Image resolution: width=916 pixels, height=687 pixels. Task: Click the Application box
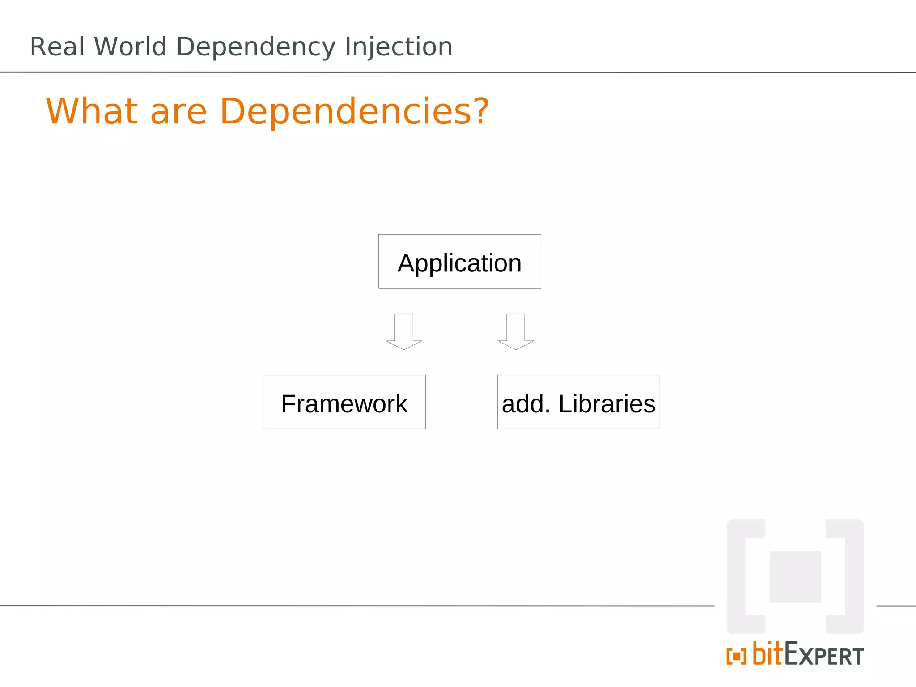pos(459,262)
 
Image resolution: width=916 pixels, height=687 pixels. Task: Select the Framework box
pos(344,402)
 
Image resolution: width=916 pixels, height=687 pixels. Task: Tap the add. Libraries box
pos(578,402)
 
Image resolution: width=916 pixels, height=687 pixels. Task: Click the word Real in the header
pos(57,47)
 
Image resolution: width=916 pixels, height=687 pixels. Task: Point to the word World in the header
pos(130,47)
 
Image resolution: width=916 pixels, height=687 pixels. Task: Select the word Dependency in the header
pos(255,47)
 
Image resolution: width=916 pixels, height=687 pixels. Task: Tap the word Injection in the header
pos(398,47)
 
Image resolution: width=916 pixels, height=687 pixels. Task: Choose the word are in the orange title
pos(178,112)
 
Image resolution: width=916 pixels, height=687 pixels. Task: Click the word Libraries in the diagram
pos(606,403)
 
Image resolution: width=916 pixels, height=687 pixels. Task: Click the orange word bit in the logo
pos(768,653)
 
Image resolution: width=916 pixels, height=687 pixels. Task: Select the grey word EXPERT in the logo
pos(824,656)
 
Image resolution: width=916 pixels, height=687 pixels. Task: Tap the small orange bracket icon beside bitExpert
pos(736,656)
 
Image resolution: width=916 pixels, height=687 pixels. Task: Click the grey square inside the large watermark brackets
pos(795,577)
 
